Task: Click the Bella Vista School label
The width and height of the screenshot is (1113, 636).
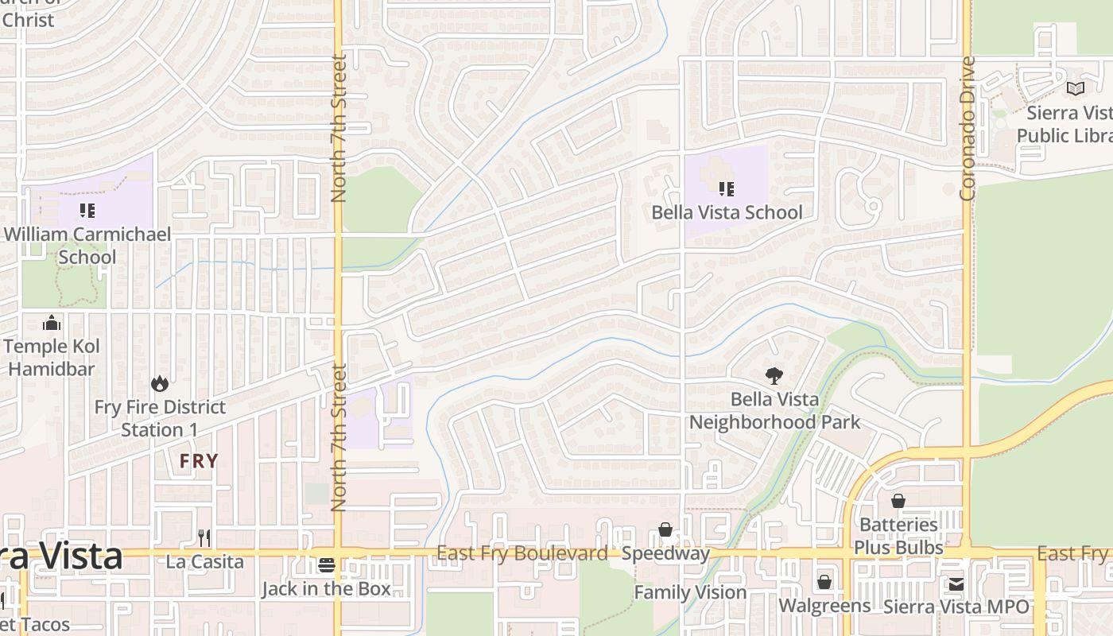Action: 727,212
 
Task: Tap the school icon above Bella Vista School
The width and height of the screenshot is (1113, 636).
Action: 726,189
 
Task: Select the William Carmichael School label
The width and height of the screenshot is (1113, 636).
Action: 87,246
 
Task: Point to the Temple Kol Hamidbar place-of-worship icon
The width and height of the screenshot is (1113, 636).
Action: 52,323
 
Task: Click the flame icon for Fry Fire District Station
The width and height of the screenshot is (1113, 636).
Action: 160,384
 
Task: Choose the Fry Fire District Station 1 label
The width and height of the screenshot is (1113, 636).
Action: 160,418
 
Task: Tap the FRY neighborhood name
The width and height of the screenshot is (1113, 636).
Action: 198,461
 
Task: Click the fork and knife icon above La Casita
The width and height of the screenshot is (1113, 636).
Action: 204,538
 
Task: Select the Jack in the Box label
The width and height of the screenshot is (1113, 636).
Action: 326,589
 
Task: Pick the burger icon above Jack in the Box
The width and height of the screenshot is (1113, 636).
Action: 326,565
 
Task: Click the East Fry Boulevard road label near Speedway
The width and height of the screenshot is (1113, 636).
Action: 522,553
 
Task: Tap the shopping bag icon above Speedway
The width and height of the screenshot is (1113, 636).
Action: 665,530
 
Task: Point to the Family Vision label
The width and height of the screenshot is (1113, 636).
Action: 690,592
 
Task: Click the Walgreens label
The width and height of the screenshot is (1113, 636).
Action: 824,606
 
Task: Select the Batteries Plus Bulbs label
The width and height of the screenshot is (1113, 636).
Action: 898,536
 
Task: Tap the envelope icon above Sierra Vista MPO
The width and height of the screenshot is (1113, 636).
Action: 956,584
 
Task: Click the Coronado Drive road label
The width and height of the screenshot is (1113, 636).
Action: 968,129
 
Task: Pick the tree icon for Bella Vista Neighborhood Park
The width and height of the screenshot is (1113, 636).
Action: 774,376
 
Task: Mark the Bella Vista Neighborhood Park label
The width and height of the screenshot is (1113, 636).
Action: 774,410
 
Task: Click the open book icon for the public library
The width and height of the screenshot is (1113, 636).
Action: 1075,89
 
